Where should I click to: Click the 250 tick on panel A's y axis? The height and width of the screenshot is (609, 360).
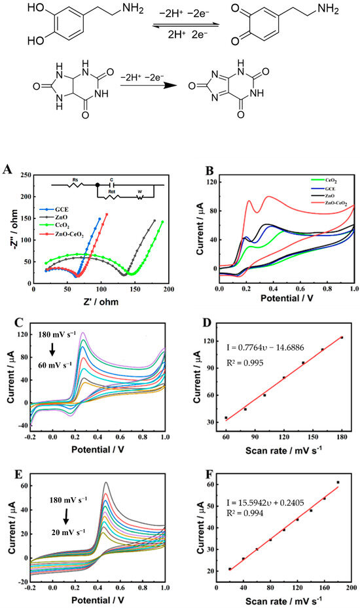26,175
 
